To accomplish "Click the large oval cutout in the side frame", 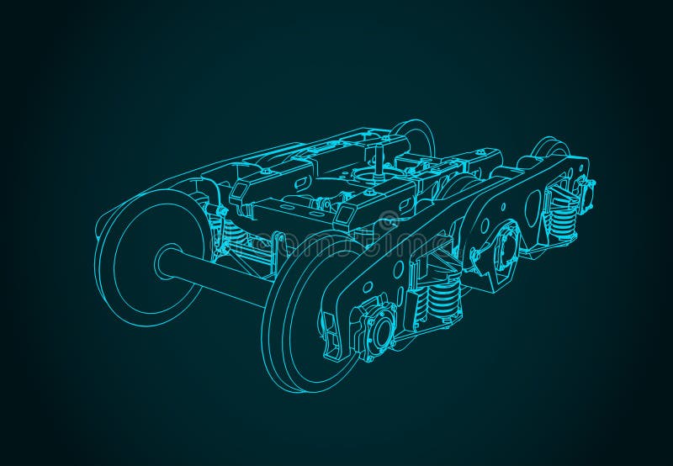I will point(533,204).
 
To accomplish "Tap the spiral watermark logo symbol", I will point(387,223).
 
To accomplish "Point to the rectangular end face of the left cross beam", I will point(244,195).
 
